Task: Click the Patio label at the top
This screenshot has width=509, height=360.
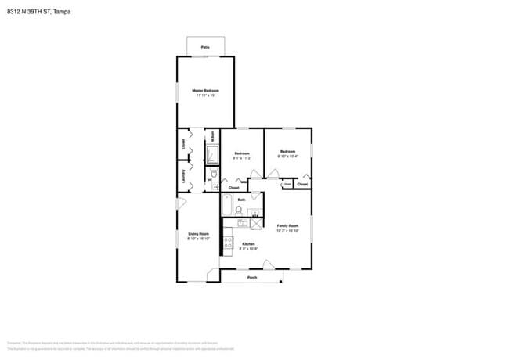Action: pyautogui.click(x=205, y=48)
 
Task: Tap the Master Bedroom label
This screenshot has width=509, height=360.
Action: pyautogui.click(x=205, y=91)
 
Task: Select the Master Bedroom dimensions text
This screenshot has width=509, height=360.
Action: pyautogui.click(x=205, y=95)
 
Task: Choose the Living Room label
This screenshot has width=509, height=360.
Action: pyautogui.click(x=198, y=234)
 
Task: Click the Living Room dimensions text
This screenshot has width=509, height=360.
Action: pyautogui.click(x=198, y=239)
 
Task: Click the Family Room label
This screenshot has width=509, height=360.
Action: pyautogui.click(x=287, y=226)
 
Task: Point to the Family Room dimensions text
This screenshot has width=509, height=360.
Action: pyautogui.click(x=287, y=231)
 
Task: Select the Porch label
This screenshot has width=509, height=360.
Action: pyautogui.click(x=252, y=278)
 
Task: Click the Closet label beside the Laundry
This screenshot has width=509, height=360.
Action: pyautogui.click(x=184, y=144)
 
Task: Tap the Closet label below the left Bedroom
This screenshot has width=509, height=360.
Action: pyautogui.click(x=233, y=188)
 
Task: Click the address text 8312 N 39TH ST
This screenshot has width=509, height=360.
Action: pyautogui.click(x=28, y=12)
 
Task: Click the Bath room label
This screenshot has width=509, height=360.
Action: pyautogui.click(x=242, y=200)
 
